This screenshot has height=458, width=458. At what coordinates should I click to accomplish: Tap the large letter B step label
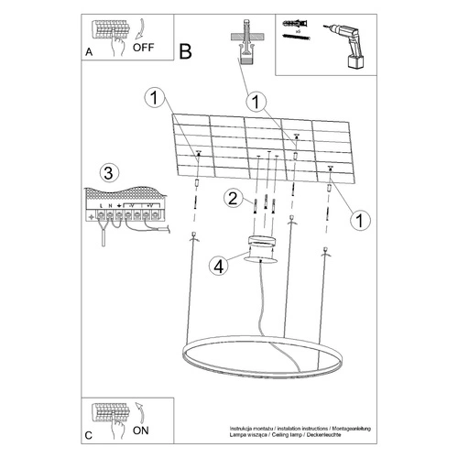[186, 52]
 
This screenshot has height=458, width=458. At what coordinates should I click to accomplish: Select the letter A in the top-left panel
[89, 53]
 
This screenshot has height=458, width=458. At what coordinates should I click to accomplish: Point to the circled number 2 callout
[234, 198]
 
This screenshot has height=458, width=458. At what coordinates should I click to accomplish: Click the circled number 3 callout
[109, 173]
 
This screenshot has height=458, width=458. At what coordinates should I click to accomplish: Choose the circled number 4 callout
[217, 267]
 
